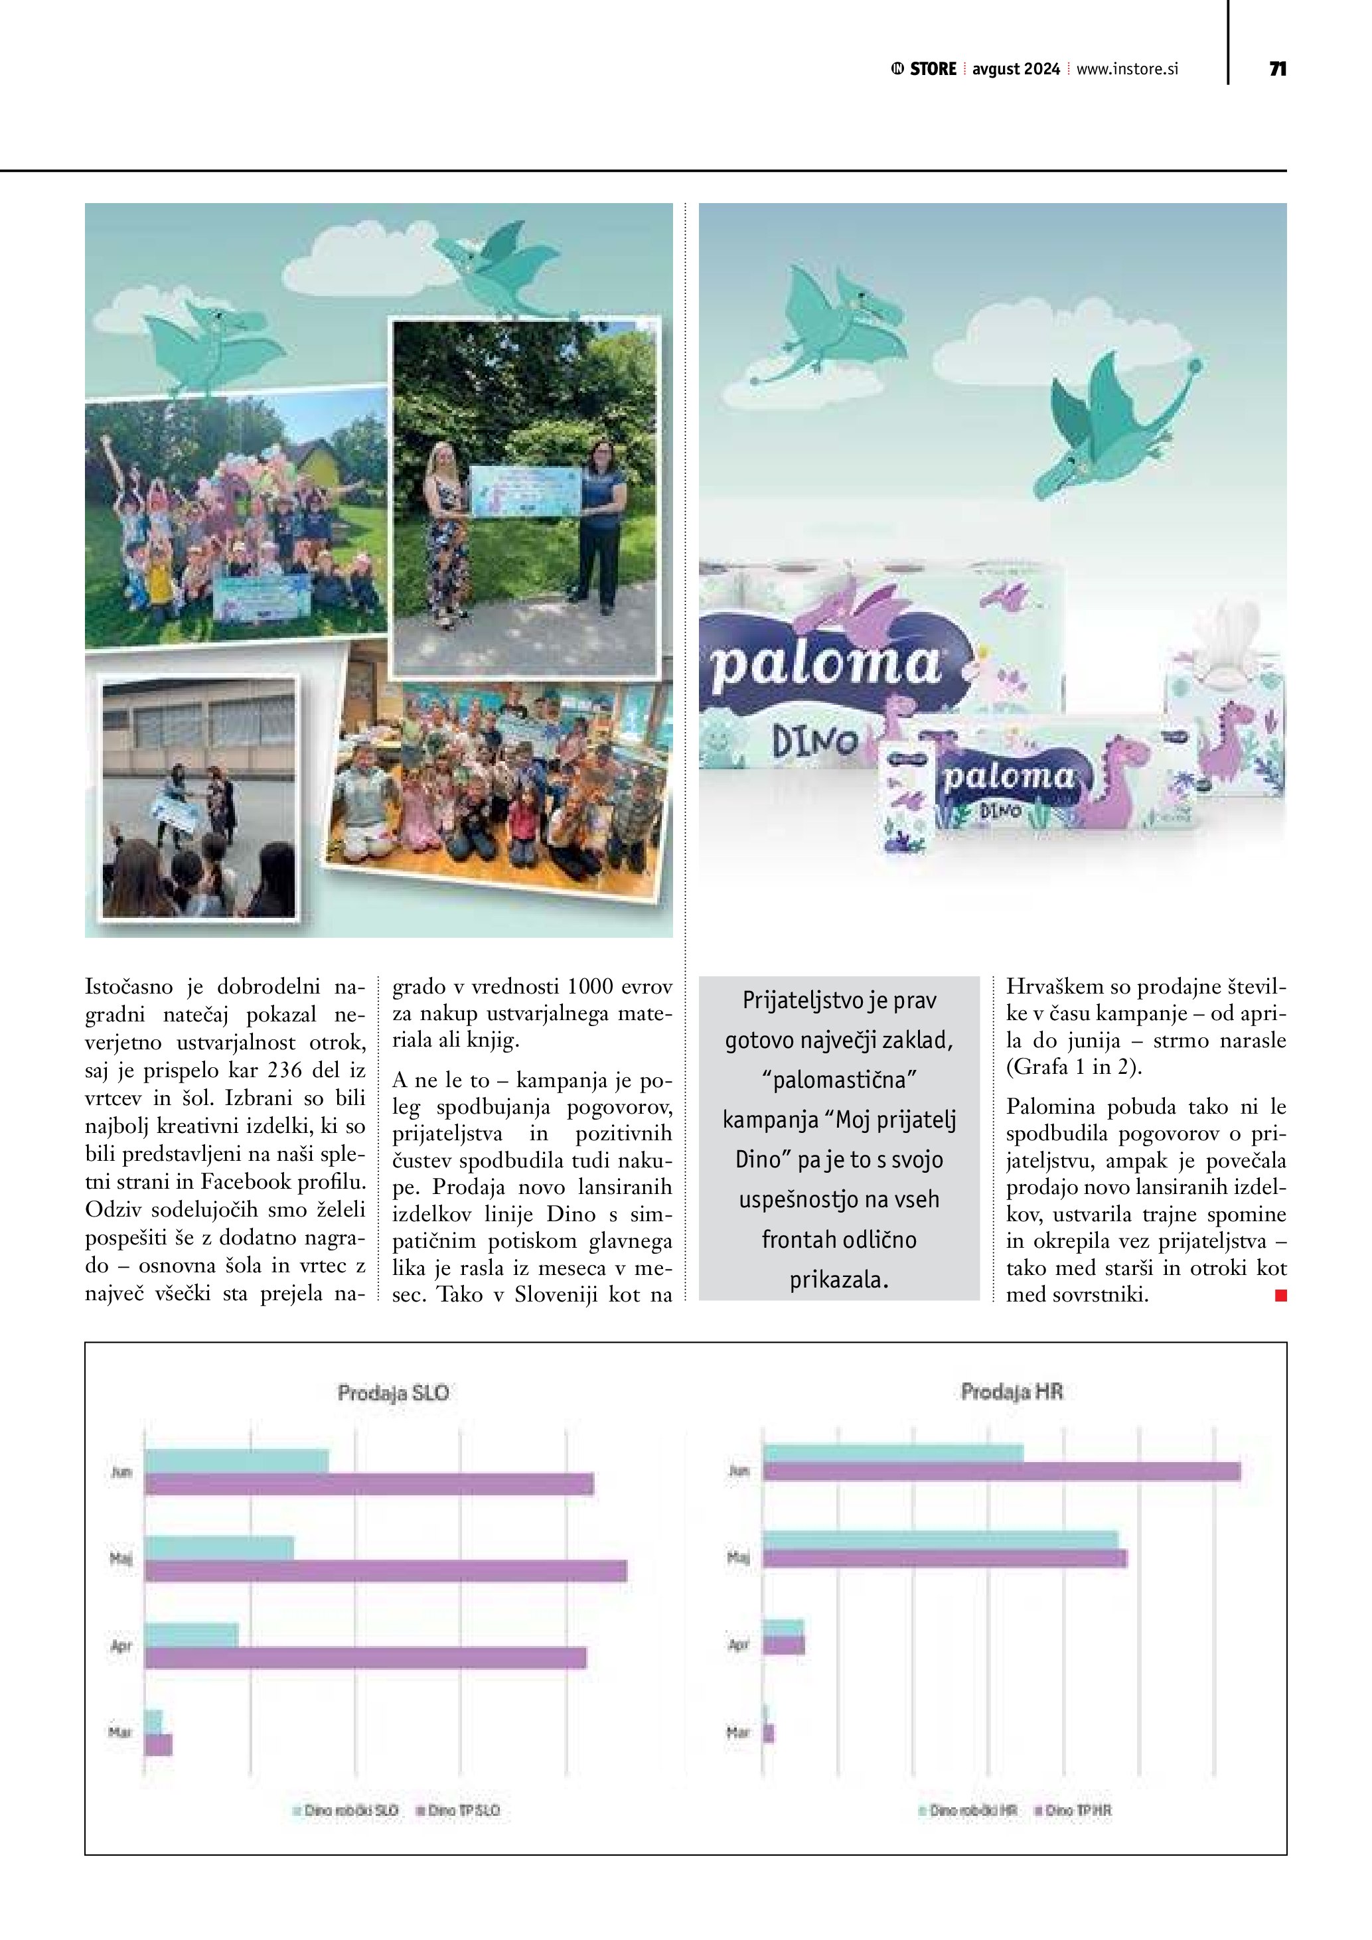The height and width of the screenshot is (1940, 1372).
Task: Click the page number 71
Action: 1277,69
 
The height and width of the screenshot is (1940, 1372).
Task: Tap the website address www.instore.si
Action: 1127,69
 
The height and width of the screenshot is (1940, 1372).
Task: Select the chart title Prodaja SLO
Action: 393,1392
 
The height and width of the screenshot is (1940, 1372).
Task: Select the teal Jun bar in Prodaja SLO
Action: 236,1461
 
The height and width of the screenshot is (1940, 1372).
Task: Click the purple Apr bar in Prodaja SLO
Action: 365,1658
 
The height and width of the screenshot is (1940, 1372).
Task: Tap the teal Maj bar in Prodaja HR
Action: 941,1540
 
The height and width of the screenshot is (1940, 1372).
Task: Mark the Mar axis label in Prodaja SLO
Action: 121,1732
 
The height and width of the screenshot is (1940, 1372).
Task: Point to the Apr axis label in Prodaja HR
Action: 738,1644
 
